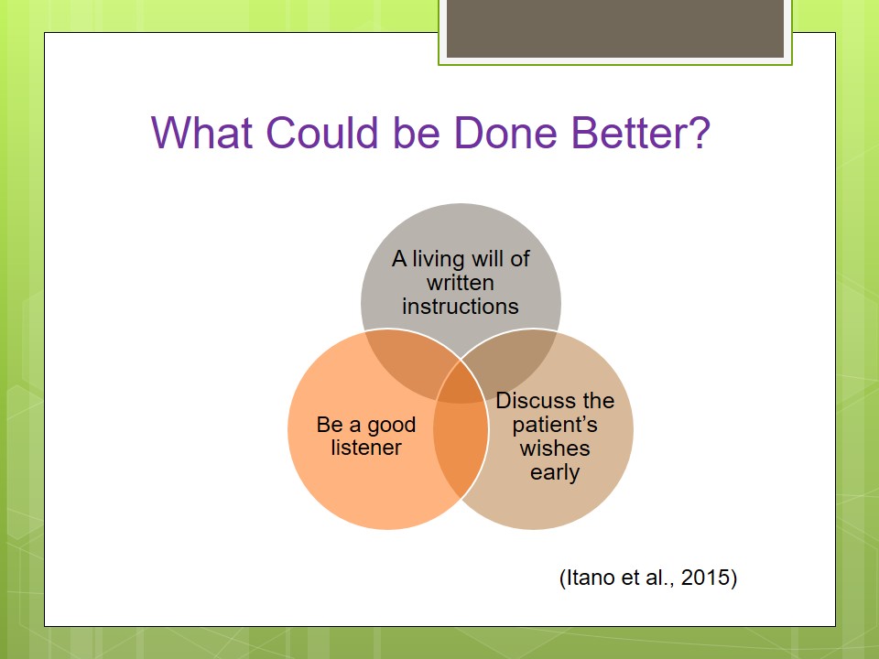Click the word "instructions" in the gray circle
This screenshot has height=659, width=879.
(x=461, y=307)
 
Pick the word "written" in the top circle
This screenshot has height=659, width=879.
(x=461, y=283)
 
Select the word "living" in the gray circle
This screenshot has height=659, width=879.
(x=439, y=259)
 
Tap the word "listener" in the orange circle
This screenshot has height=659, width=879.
(x=366, y=448)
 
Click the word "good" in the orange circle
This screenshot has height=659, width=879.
(x=391, y=425)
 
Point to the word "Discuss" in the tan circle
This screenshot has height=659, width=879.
(x=536, y=401)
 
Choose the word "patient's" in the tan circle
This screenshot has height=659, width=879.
(x=555, y=425)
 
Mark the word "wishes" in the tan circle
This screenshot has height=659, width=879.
(x=555, y=448)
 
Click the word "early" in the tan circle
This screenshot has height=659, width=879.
(x=555, y=472)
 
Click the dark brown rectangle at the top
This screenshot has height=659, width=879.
(x=615, y=28)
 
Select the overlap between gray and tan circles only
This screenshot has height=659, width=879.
(x=513, y=359)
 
